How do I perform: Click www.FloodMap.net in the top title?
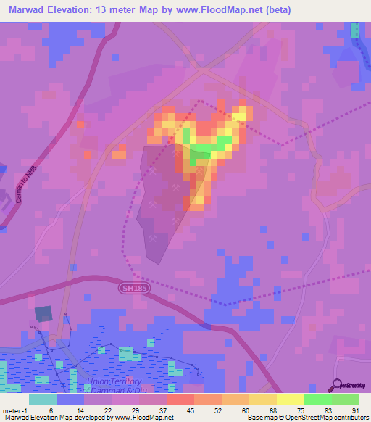[230, 9]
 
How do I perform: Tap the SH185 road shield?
[130, 289]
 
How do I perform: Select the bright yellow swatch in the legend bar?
[291, 400]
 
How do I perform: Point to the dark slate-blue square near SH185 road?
[43, 313]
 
